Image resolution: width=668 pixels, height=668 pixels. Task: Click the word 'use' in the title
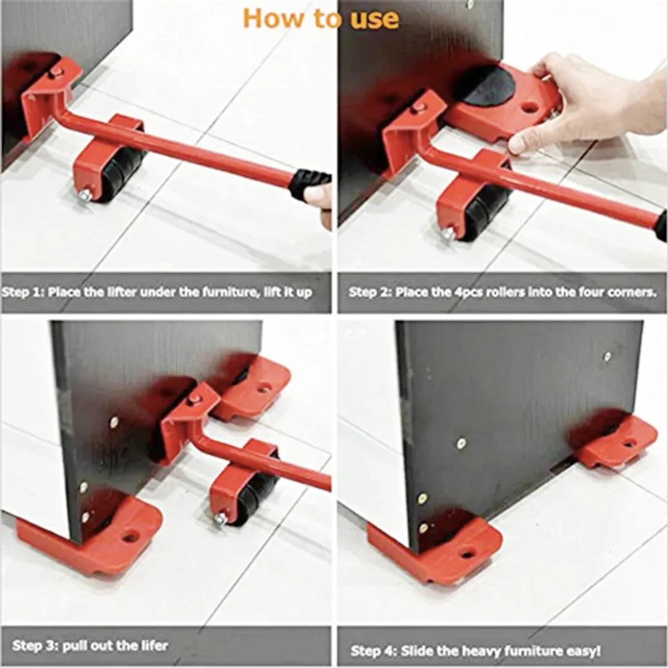click(x=375, y=19)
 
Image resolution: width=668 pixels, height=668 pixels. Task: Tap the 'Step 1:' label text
click(x=22, y=293)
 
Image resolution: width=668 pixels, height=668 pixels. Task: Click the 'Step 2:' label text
click(x=369, y=292)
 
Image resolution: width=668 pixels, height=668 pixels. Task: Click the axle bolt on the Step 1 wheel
click(x=85, y=197)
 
